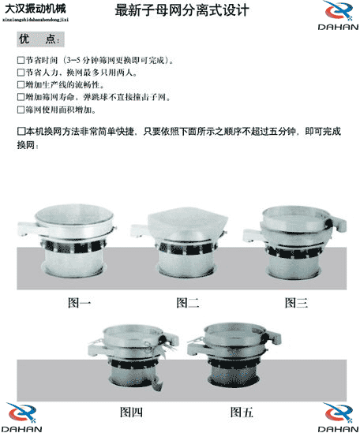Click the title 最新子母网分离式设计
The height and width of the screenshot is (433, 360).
182,12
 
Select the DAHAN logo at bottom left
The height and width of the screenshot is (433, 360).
24,417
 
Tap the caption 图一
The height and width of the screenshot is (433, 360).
79,302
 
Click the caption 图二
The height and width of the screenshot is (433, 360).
187,302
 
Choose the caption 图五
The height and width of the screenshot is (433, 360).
242,411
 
